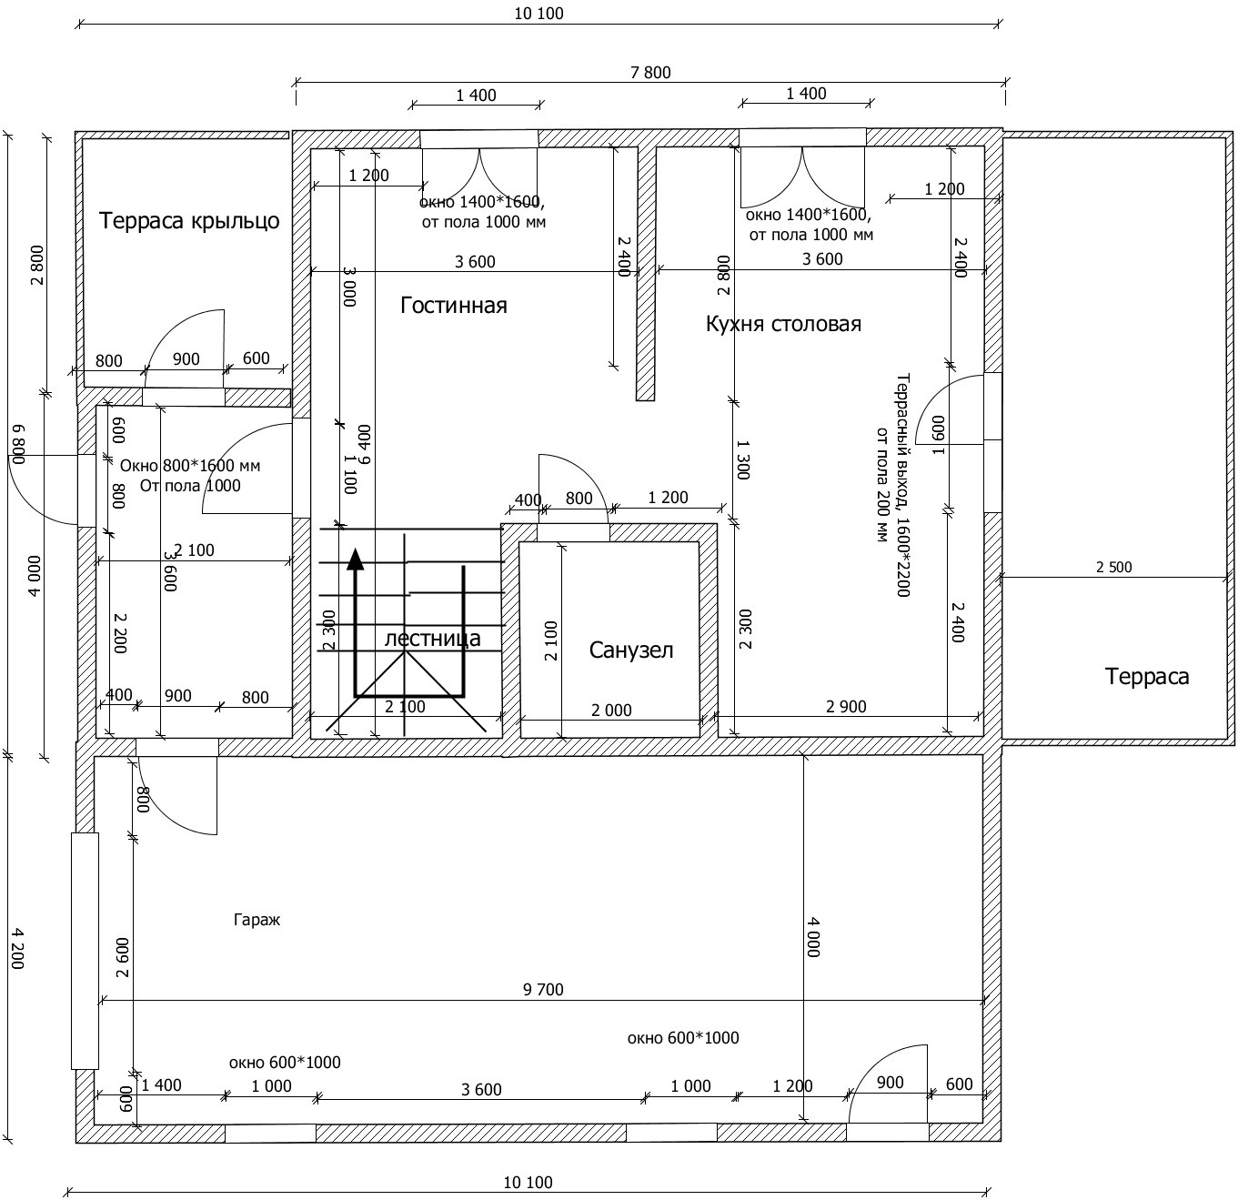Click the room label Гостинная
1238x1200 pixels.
(x=454, y=306)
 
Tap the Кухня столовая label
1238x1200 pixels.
(x=783, y=324)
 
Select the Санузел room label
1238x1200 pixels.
(x=630, y=650)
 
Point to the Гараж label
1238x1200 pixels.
(x=257, y=920)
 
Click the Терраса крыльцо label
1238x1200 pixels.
(x=189, y=221)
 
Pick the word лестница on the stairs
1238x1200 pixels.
(x=432, y=638)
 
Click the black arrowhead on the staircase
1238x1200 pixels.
(x=355, y=559)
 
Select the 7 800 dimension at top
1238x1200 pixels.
(x=650, y=73)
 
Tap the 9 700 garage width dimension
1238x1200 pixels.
(x=543, y=990)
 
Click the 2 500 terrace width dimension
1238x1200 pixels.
(x=1114, y=567)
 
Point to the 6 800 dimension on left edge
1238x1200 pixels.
(x=18, y=445)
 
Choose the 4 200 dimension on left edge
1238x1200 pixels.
(x=18, y=949)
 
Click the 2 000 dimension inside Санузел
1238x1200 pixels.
(x=611, y=710)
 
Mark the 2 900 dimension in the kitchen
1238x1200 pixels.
(x=846, y=706)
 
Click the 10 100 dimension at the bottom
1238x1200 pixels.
(x=528, y=1183)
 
